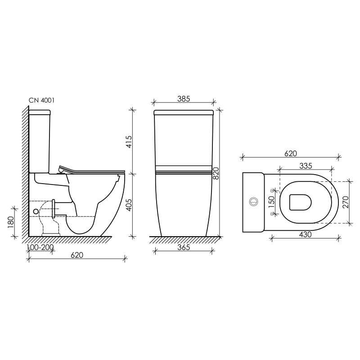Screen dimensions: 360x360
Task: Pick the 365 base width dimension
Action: point(183,247)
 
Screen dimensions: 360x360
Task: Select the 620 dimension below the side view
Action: point(77,255)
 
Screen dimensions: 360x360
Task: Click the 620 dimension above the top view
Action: point(290,153)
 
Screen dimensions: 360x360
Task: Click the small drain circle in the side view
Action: point(36,211)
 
